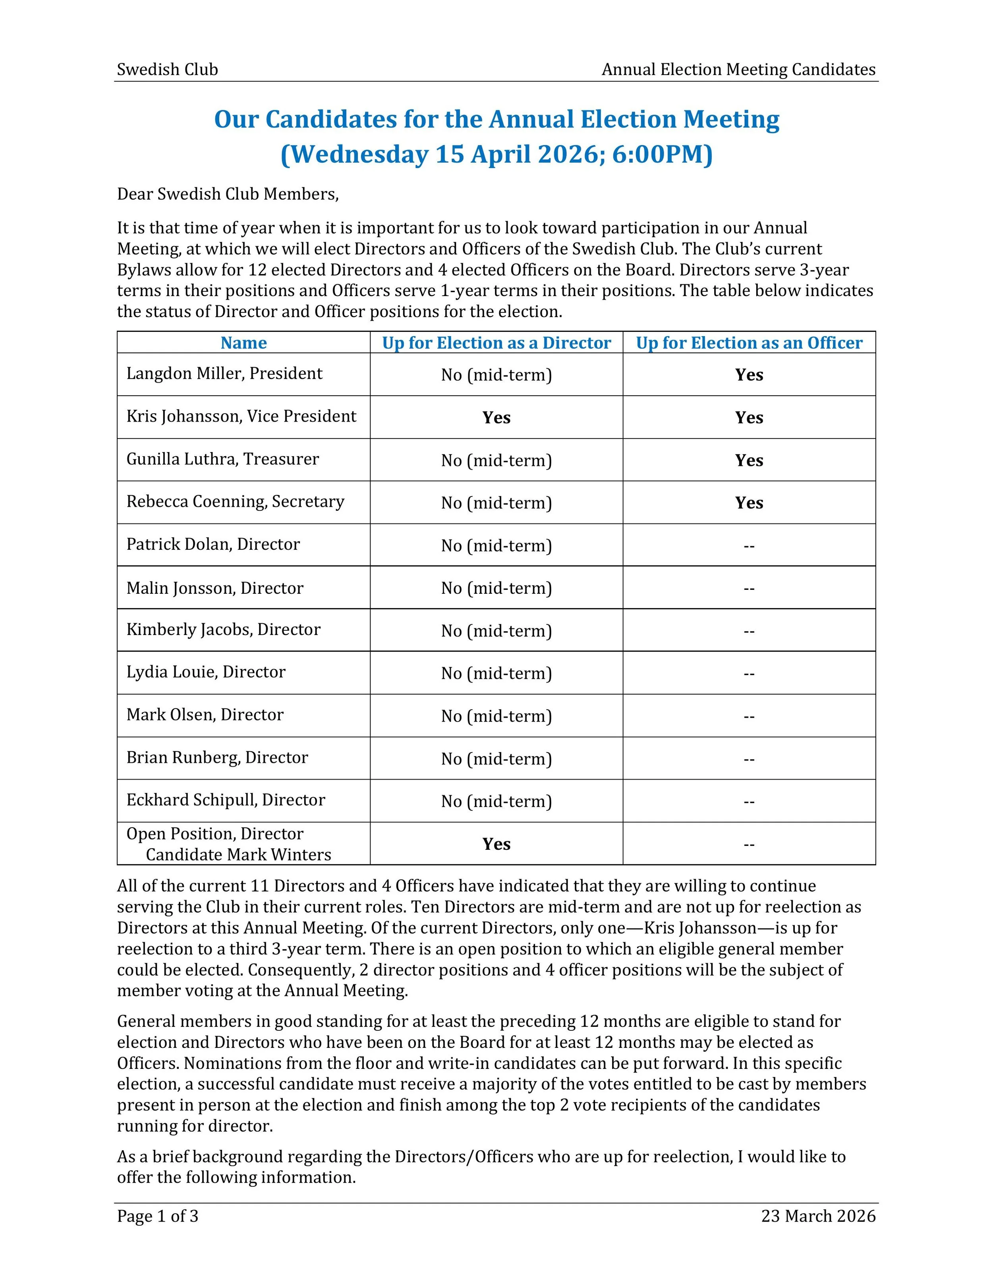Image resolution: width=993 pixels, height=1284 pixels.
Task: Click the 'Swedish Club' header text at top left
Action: pyautogui.click(x=167, y=69)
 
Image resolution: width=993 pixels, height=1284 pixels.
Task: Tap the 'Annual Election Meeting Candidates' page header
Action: pyautogui.click(x=738, y=69)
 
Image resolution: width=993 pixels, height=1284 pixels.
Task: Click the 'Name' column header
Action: pyautogui.click(x=243, y=343)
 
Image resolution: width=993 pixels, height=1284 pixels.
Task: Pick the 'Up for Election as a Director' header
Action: pyautogui.click(x=496, y=343)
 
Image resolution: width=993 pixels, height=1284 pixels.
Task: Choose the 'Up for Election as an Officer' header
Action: pyautogui.click(x=749, y=343)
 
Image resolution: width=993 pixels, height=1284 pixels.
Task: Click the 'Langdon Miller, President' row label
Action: pyautogui.click(x=224, y=374)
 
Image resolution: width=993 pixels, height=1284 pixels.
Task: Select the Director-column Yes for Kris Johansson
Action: pyautogui.click(x=496, y=418)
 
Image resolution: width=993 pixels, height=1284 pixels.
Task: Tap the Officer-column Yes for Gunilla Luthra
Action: pyautogui.click(x=749, y=460)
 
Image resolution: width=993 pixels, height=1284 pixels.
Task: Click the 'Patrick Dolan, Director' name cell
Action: pyautogui.click(x=213, y=545)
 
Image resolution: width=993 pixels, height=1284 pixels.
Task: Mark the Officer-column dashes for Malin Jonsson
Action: pyautogui.click(x=749, y=588)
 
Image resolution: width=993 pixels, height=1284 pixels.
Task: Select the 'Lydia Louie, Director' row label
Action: pyautogui.click(x=206, y=672)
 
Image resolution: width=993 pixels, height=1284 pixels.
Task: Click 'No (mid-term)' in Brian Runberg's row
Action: pyautogui.click(x=496, y=759)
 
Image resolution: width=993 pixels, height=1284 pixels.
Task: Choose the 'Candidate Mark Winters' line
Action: pyautogui.click(x=238, y=855)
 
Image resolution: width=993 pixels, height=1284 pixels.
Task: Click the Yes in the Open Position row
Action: pyautogui.click(x=496, y=844)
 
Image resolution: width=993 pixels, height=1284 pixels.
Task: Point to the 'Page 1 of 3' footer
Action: pyautogui.click(x=158, y=1216)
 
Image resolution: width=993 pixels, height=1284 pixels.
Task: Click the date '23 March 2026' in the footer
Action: pyautogui.click(x=818, y=1216)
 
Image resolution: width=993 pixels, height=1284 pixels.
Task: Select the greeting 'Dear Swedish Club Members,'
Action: pyautogui.click(x=228, y=194)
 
